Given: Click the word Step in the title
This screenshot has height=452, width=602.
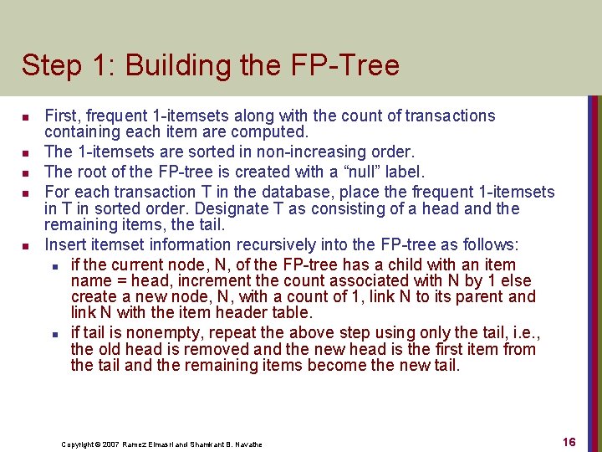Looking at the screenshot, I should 48,66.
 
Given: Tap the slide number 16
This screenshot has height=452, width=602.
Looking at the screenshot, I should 569,442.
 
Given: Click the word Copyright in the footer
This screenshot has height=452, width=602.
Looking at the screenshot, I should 79,444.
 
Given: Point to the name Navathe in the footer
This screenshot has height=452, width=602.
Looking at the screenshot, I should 247,444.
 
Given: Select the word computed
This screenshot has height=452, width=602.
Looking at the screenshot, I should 276,132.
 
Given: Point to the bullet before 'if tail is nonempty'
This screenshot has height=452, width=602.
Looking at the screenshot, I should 54,333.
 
